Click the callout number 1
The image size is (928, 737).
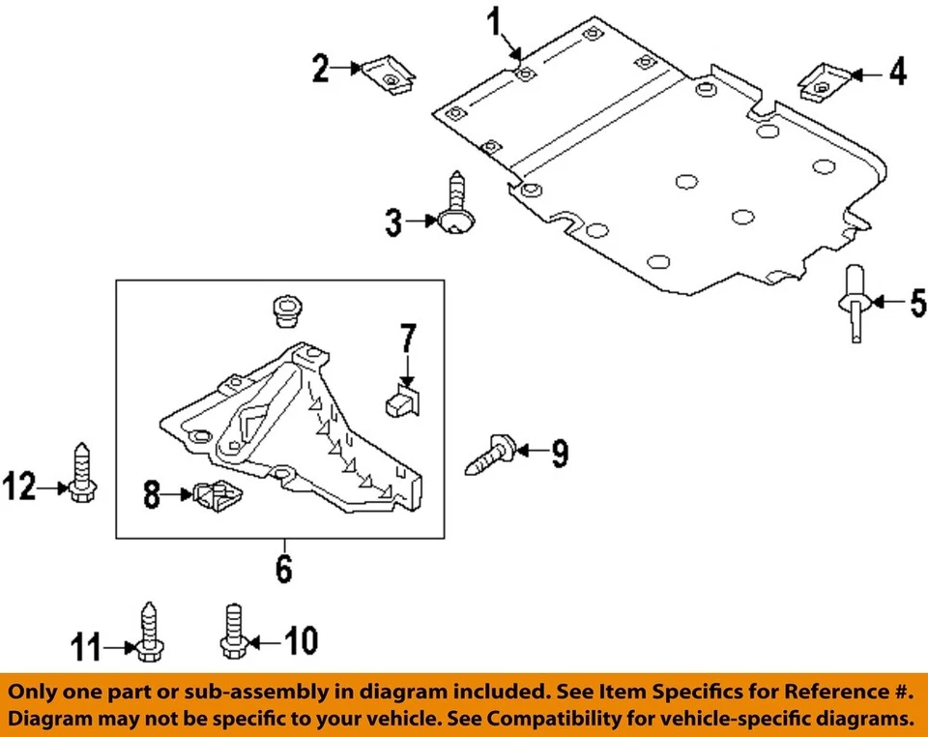(x=496, y=21)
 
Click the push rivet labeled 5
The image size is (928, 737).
(x=854, y=302)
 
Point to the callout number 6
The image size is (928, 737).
(x=282, y=569)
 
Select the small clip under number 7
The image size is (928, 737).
(x=403, y=401)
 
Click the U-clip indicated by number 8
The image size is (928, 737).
(x=215, y=496)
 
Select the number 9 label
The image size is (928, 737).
(x=560, y=452)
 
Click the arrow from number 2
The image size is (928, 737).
(x=348, y=68)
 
